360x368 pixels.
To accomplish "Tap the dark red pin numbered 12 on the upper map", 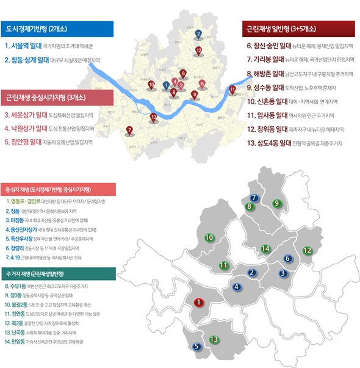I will point(198,51).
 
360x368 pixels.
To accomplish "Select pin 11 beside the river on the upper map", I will point(232,90).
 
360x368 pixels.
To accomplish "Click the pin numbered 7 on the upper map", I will point(129,130).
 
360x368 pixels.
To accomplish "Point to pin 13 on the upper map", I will point(153,117).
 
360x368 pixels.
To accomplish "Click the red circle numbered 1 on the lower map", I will point(198,301).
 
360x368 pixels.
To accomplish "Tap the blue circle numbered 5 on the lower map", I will point(196,347).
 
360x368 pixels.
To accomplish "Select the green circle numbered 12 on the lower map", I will point(307,250).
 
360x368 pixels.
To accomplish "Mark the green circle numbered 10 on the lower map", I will point(209,237).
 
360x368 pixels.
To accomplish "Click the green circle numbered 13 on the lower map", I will point(214,339).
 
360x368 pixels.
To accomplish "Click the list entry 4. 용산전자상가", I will point(28,229).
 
